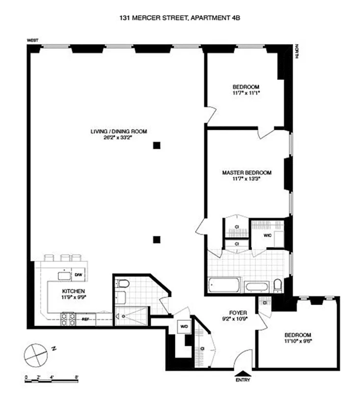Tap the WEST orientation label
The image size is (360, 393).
33,41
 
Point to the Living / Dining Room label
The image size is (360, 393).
119,131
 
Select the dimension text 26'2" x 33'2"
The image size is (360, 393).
119,138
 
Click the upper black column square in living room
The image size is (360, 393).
157,145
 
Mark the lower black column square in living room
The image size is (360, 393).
157,240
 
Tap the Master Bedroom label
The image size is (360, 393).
247,172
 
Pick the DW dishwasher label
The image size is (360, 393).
78,274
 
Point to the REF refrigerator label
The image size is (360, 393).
85,319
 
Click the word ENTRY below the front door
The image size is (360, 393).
243,380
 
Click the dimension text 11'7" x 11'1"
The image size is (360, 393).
246,92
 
